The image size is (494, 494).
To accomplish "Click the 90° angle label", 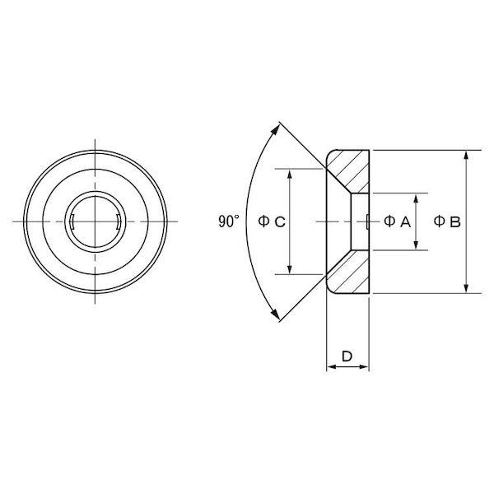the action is coord(229,221).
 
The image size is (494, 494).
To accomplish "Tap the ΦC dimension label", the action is coord(272,221).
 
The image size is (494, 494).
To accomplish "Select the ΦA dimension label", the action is coord(398,221).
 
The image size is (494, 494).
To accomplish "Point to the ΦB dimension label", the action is coord(447,221).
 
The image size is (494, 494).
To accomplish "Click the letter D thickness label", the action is coord(347,357).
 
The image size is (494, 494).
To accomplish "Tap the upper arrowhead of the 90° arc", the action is coord(275,129).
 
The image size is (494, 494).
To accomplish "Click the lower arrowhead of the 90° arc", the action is coord(275,314).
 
